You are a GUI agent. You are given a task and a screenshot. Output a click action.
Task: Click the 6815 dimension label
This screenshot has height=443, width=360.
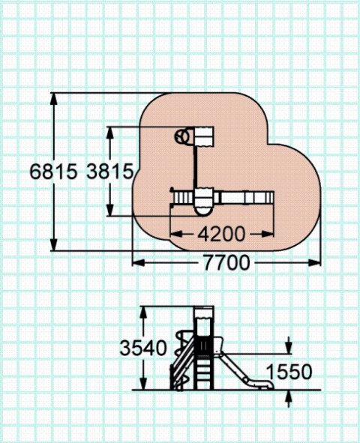pyautogui.click(x=53, y=172)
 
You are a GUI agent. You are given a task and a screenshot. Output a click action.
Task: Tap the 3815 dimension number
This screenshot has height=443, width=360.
pyautogui.click(x=109, y=172)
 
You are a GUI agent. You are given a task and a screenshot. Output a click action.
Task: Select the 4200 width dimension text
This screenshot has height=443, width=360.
pyautogui.click(x=221, y=234)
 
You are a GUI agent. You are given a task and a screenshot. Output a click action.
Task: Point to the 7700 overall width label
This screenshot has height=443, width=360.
pyautogui.click(x=226, y=263)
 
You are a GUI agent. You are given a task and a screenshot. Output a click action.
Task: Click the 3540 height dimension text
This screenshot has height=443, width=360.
pyautogui.click(x=143, y=348)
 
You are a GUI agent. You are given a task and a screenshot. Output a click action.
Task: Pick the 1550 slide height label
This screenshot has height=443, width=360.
pyautogui.click(x=289, y=372)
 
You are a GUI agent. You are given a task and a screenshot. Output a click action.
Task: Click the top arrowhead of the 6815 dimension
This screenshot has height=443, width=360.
pyautogui.click(x=54, y=99)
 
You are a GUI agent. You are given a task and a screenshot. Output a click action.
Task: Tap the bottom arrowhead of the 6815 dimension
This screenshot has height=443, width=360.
pyautogui.click(x=54, y=244)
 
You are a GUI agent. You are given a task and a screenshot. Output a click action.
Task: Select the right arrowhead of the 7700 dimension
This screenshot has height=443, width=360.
pyautogui.click(x=314, y=263)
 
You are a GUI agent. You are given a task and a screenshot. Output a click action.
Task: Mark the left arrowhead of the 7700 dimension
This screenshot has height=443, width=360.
pyautogui.click(x=139, y=263)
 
